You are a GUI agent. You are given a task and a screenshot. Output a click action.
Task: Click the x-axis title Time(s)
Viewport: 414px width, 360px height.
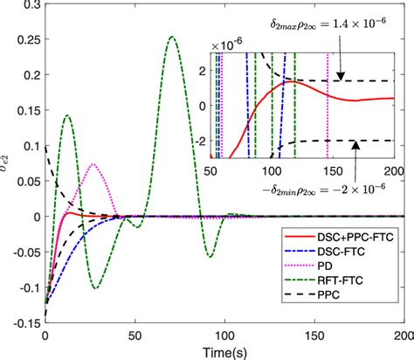(x=224, y=350)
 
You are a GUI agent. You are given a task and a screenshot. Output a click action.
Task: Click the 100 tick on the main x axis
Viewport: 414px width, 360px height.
(x=225, y=334)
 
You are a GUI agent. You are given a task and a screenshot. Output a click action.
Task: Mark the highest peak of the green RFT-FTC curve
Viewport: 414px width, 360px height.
(x=172, y=37)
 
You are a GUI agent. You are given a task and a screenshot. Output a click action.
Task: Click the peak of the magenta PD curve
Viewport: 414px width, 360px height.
(x=93, y=164)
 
